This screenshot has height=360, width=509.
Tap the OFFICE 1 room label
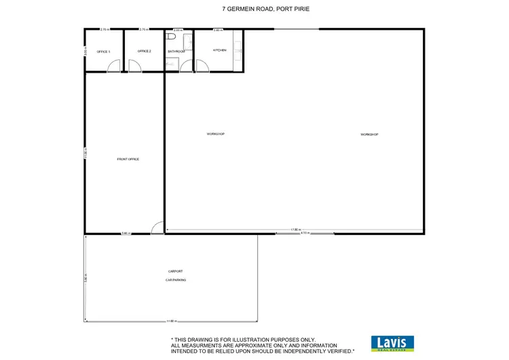103,52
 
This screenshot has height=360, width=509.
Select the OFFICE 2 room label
144,52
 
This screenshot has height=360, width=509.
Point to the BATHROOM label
176,52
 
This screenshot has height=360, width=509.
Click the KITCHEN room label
219,50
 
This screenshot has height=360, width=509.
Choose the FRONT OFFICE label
128,159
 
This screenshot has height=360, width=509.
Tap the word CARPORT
176,272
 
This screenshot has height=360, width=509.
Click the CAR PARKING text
176,280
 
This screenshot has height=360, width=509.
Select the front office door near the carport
156,228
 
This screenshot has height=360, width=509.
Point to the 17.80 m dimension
295,230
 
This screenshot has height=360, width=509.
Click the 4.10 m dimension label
305,234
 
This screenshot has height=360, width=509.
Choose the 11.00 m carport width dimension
171,321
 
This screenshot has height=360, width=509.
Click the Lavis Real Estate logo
393,343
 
